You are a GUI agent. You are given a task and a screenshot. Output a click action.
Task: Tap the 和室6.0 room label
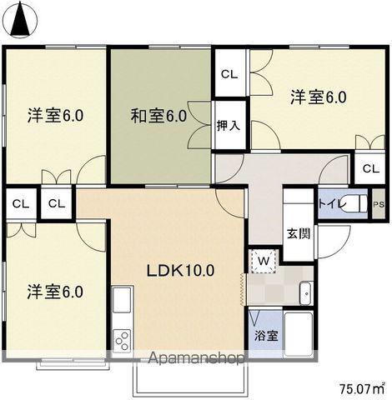pos(158,115)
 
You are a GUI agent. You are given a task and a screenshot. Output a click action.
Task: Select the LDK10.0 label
pos(182,270)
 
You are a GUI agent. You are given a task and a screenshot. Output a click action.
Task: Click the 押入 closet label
pos(229,126)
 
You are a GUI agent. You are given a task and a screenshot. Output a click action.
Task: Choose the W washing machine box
pos(263,259)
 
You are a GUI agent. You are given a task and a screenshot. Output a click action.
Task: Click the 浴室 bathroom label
pos(267,339)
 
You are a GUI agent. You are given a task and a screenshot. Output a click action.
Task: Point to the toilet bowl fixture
pos(356,203)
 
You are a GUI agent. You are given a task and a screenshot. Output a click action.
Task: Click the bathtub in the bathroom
pos(298,333)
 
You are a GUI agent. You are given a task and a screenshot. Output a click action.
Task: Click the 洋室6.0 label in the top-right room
pos(318,97)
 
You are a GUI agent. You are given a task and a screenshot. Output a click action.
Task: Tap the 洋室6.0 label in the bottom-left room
pos(54,292)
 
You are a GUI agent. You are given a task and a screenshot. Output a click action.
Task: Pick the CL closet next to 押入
pos(229,74)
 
